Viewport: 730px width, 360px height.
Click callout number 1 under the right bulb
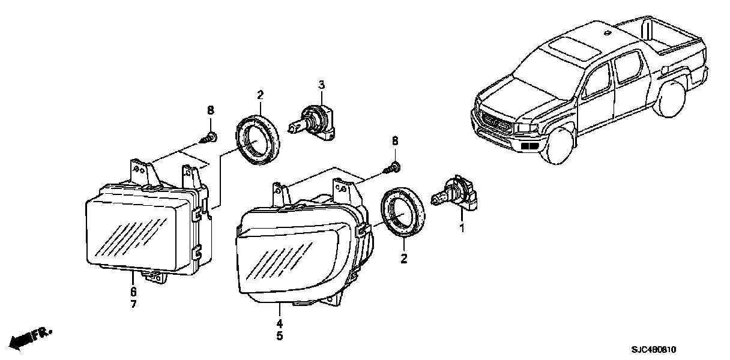(462, 227)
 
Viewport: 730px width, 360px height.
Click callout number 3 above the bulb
(321, 85)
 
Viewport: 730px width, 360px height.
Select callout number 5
(279, 337)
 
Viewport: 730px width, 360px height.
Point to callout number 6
(133, 292)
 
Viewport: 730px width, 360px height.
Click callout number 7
(133, 304)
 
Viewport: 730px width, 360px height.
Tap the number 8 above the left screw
(210, 110)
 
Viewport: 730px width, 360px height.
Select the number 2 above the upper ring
(260, 95)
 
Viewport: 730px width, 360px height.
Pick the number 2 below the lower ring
(403, 259)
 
